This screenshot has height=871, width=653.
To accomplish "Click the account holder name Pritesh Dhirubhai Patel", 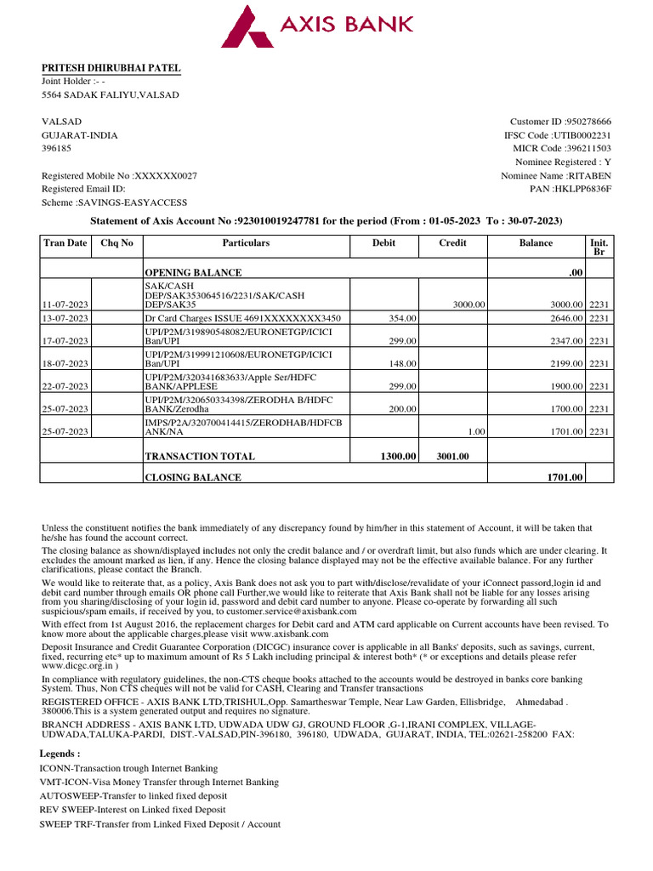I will pos(111,68).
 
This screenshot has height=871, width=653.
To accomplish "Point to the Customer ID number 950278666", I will pos(583,122).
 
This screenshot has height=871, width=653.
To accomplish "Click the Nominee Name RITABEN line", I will pos(556,175).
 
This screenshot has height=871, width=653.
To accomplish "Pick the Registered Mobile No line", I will pos(119,175).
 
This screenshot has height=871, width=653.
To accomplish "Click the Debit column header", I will pos(384,242).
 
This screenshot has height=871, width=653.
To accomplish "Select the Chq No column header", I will pos(117,242).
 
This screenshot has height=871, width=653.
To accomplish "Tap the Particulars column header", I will pos(246,242).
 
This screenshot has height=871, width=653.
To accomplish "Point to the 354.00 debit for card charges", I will pos(401,318).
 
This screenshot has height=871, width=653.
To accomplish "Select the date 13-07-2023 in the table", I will pos(66,318).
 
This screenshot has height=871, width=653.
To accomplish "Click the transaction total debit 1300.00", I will pos(398,457).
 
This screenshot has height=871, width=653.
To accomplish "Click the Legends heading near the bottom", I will pos(60,754).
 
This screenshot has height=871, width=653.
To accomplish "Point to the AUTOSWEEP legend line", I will pos(133,795).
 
